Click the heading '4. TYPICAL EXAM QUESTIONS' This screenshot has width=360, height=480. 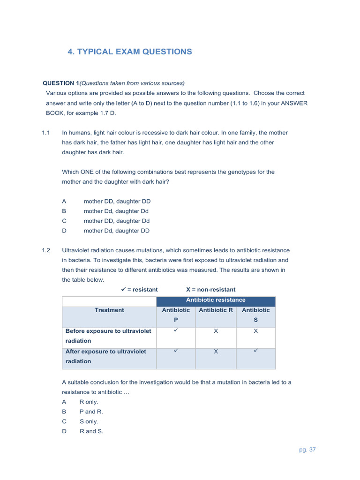[130, 52]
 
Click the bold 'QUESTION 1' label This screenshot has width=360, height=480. [61, 83]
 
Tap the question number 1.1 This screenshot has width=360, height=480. [45, 133]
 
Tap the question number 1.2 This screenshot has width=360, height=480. [45, 250]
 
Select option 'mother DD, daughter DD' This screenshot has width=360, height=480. [117, 201]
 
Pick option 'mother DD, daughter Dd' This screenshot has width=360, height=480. [117, 221]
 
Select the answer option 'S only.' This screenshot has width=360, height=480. [89, 421]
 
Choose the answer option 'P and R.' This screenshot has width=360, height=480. [91, 412]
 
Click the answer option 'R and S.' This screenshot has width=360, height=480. [91, 431]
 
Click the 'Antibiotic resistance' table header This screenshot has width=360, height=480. [216, 300]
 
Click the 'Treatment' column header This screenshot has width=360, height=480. [109, 310]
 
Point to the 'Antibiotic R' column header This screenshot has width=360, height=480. [216, 310]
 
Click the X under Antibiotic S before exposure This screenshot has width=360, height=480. [256, 331]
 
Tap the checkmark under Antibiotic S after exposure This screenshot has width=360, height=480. [256, 351]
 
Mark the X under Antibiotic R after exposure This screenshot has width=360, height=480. [216, 352]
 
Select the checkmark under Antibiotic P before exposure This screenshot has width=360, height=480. [176, 330]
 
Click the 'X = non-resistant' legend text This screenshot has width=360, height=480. [210, 289]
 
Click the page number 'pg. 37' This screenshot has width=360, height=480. [307, 450]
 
